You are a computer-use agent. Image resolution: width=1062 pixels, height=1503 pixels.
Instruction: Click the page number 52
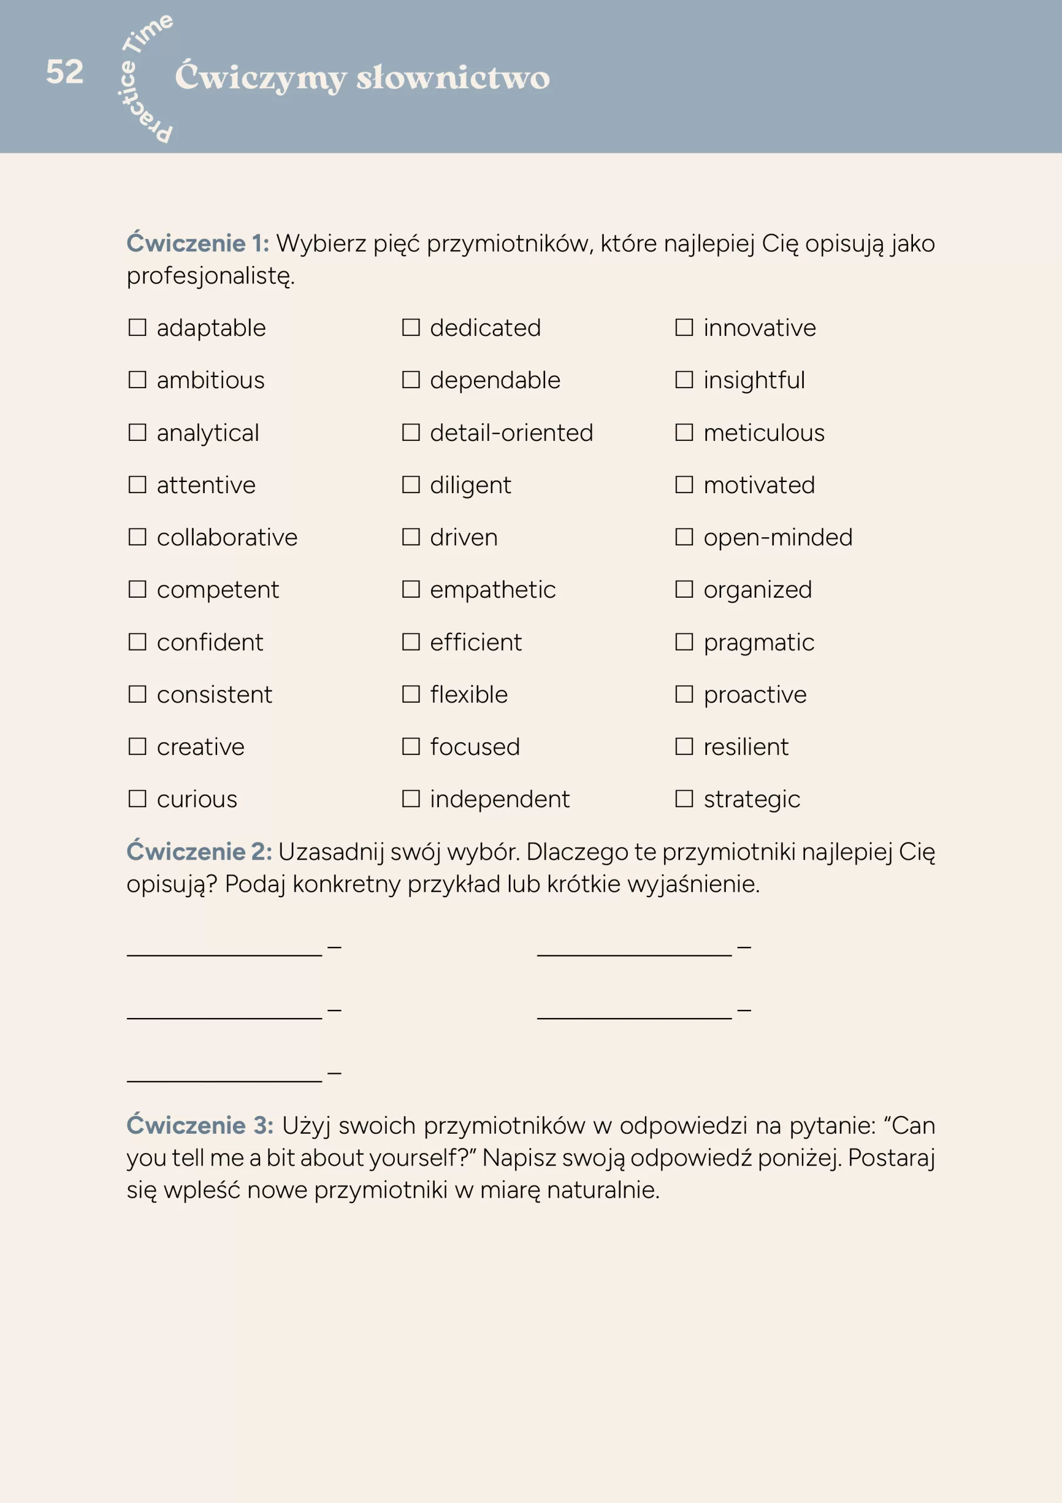(x=65, y=72)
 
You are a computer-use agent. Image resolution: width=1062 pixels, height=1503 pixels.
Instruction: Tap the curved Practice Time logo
(x=146, y=78)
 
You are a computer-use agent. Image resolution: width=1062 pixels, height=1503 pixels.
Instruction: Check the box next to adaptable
(x=137, y=327)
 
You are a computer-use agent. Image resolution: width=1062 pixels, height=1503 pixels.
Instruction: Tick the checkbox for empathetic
(x=411, y=589)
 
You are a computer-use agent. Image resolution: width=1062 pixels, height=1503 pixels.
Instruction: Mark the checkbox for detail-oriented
(x=411, y=432)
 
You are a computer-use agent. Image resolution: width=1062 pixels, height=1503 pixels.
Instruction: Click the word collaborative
(x=227, y=537)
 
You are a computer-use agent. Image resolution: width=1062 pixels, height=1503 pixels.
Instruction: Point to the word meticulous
(x=763, y=433)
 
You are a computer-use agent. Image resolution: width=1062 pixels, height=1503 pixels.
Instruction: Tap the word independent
(x=499, y=799)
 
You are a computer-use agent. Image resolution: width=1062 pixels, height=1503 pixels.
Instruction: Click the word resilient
(x=746, y=747)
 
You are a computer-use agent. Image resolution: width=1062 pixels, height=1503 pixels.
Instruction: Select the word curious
(x=197, y=799)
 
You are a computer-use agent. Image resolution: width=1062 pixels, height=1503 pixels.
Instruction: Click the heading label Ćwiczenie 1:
(x=198, y=244)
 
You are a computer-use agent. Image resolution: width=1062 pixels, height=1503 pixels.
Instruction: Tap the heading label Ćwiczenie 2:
(x=199, y=852)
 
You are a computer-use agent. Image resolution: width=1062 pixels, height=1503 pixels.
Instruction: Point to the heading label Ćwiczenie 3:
(x=199, y=1125)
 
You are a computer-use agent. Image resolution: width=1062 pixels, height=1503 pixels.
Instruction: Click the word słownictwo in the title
(x=453, y=78)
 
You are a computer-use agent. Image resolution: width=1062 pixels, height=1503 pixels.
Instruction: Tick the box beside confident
(x=137, y=642)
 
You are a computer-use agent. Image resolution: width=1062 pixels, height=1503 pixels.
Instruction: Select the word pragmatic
(x=759, y=643)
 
